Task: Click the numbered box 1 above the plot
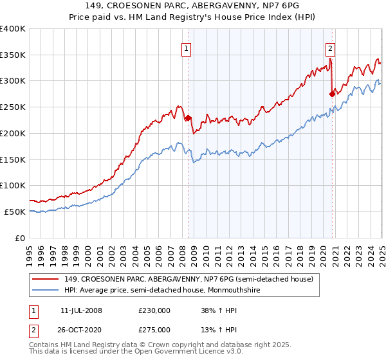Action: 186,47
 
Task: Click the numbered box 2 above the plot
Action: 330,47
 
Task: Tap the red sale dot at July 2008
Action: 188,118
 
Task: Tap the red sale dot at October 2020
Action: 332,94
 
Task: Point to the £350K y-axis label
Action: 13,55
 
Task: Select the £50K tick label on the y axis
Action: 15,212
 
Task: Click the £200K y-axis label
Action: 13,133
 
